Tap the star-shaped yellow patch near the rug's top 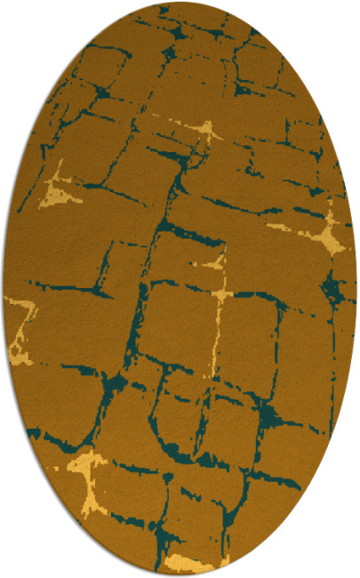coord(206,133)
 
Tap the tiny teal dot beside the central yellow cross coord(193,264)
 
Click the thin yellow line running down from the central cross coord(214,320)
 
